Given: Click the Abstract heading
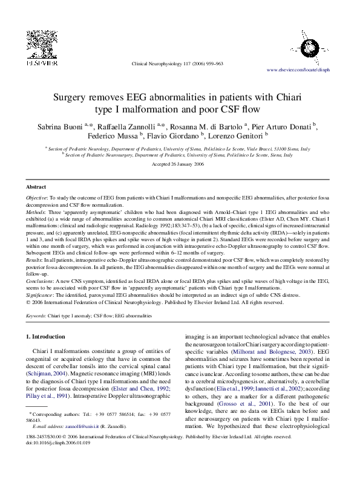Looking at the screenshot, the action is pos(37,187).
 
